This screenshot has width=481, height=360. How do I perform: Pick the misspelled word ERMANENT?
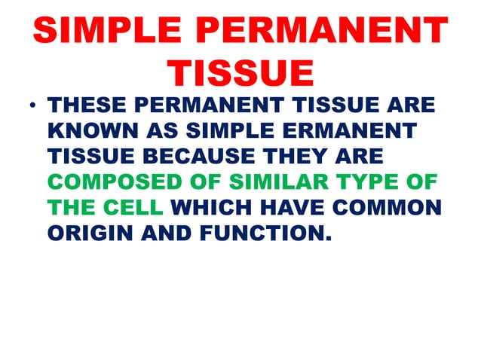354,132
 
